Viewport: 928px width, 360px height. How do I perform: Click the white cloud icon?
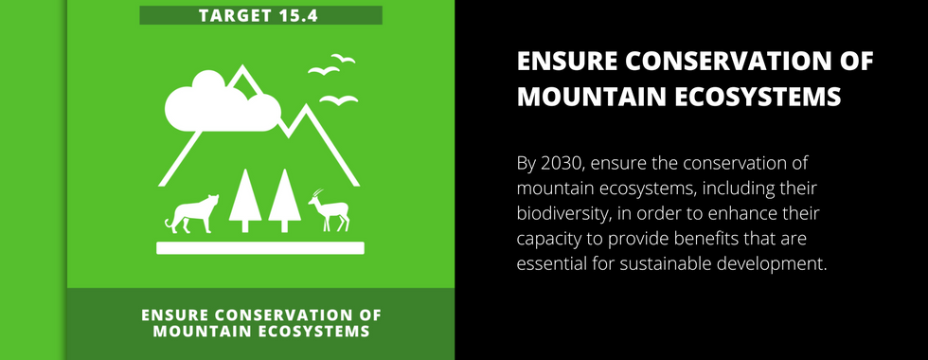coord(222,102)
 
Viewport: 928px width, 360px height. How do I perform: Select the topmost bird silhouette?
coord(343,58)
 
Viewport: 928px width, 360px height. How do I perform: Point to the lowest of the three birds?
coord(339,100)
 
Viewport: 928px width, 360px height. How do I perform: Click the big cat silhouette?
coord(191,213)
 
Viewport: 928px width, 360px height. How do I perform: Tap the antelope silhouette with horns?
coord(330,210)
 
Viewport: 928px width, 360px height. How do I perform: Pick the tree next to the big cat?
coord(245,201)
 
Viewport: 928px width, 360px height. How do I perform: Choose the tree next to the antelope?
coord(285,201)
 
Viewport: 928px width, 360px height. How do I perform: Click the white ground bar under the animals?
coord(260,248)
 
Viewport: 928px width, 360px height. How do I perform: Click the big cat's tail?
coord(169,224)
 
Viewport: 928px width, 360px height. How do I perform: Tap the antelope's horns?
coord(318,193)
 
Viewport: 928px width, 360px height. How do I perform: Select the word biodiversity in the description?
coord(562,214)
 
